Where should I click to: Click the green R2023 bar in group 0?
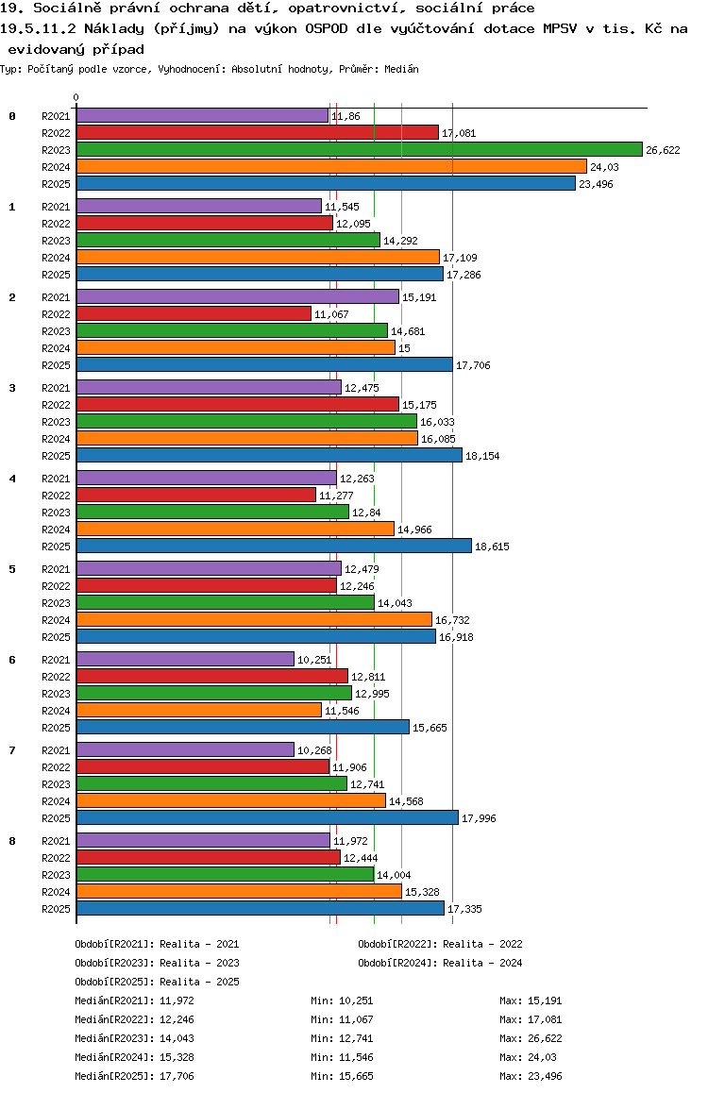[x=359, y=149]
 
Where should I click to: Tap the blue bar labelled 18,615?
[x=274, y=546]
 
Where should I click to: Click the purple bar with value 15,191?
[x=237, y=296]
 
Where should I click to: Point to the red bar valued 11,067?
[x=194, y=313]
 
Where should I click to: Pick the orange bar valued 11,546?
[x=199, y=710]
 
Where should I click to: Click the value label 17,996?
[x=480, y=818]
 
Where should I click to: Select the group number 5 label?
[x=12, y=569]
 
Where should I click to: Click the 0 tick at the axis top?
[x=76, y=97]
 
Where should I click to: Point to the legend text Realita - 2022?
[x=482, y=944]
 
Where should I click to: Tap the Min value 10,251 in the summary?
[x=355, y=1001]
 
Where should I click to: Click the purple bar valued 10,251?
[x=185, y=659]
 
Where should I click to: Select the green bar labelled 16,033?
[x=246, y=421]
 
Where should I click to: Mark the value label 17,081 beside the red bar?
[x=459, y=133]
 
